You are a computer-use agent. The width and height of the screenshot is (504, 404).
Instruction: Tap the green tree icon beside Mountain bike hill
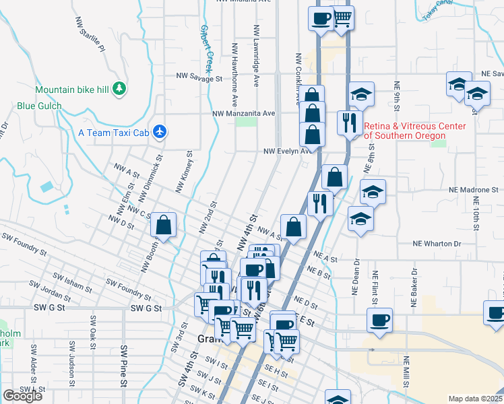tap(119, 88)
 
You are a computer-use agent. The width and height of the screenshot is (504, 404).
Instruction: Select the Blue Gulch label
tap(39, 106)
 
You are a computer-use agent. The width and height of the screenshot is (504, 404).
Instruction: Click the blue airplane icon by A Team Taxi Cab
tap(160, 131)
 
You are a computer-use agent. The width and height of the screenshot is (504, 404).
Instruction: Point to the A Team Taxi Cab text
tap(113, 133)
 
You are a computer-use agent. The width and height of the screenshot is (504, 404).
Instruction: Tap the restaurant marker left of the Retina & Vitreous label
tap(348, 123)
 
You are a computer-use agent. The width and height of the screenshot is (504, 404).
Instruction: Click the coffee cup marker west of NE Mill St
tap(379, 319)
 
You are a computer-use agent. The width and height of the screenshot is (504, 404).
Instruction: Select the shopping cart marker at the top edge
tap(342, 18)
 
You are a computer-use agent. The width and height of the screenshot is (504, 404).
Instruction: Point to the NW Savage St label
tap(199, 79)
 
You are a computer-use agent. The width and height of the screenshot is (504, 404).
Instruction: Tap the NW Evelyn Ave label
tap(288, 151)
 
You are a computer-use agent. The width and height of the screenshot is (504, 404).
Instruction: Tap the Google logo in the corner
tap(22, 396)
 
